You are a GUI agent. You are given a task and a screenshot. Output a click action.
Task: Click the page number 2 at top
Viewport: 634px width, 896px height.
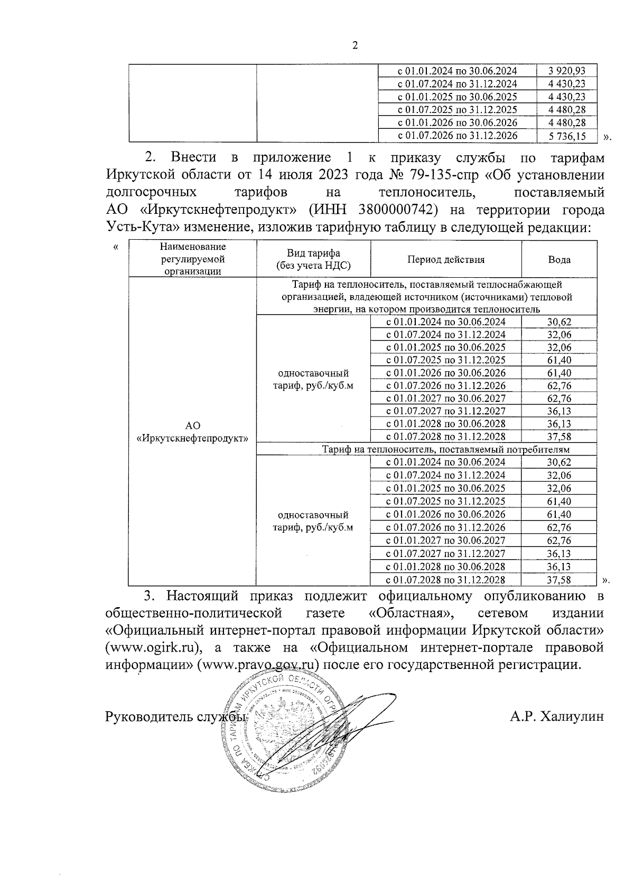[x=355, y=46]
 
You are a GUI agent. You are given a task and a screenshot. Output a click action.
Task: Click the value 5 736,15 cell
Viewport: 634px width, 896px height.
[x=567, y=136]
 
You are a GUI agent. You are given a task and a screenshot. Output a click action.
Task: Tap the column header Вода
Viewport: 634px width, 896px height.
[x=559, y=260]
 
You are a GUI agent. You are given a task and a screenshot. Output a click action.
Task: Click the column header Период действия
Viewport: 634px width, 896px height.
[x=446, y=260]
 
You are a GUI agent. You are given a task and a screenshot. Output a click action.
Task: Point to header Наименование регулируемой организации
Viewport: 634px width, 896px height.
[x=193, y=259]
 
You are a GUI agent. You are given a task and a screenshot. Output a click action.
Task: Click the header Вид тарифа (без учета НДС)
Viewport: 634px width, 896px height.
[x=314, y=260]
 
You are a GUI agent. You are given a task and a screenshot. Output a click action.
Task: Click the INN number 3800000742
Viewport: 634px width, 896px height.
[x=398, y=210]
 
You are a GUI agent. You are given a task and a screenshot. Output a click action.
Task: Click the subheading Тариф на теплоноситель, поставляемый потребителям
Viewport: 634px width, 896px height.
[x=446, y=449]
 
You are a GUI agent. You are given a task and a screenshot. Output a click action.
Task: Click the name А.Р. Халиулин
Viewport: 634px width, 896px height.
[x=557, y=716]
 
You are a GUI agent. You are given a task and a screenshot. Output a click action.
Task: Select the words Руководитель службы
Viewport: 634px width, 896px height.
[x=176, y=717]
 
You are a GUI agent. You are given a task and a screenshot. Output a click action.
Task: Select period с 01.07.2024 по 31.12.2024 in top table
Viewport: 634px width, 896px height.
[x=457, y=84]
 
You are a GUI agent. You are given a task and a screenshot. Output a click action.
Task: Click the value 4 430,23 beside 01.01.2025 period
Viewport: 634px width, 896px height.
[x=567, y=97]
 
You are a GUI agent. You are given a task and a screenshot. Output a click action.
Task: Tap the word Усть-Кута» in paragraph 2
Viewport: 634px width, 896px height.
[x=137, y=228]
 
